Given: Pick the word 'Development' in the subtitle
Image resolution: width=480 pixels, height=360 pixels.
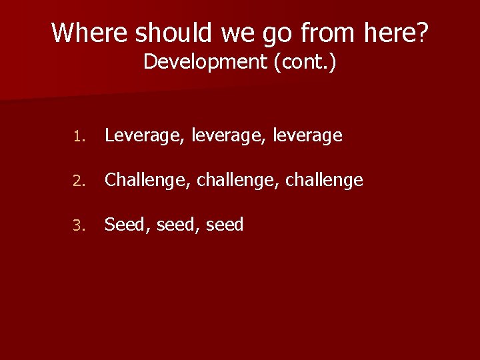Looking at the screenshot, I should pos(205,62).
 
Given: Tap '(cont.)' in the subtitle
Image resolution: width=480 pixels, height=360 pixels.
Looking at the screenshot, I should pos(305,62).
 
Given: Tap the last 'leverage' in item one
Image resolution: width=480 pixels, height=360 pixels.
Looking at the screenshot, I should pos(307,136).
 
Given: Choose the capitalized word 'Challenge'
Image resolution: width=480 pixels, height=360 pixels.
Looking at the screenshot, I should pos(149,180).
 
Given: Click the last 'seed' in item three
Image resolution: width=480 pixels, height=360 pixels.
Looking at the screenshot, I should pos(225,225).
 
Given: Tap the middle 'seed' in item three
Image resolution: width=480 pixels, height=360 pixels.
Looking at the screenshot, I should pos(176,225).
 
